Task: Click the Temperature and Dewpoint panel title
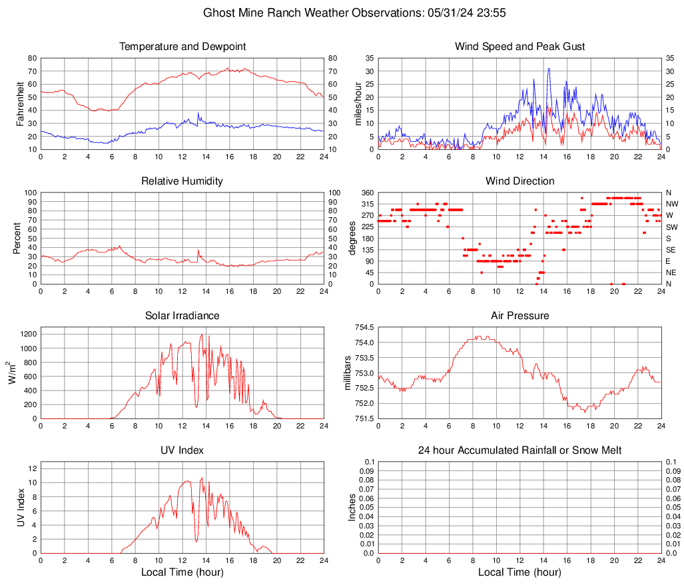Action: coord(182,47)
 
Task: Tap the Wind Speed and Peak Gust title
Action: coord(520,47)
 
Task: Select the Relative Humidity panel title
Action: coord(182,181)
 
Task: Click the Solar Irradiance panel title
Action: coord(182,316)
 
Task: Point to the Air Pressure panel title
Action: coord(520,316)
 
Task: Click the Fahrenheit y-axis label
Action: coord(21,104)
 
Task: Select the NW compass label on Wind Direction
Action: coord(672,204)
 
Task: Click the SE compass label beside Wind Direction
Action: coord(671,250)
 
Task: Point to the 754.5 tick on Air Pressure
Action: coord(363,328)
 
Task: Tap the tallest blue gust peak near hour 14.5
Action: coord(549,68)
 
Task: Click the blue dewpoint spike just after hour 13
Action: coord(198,113)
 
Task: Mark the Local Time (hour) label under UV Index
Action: coord(182,572)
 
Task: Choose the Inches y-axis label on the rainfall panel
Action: coord(352,508)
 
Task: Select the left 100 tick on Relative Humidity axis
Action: coord(30,193)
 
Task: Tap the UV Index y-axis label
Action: coord(21,508)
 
